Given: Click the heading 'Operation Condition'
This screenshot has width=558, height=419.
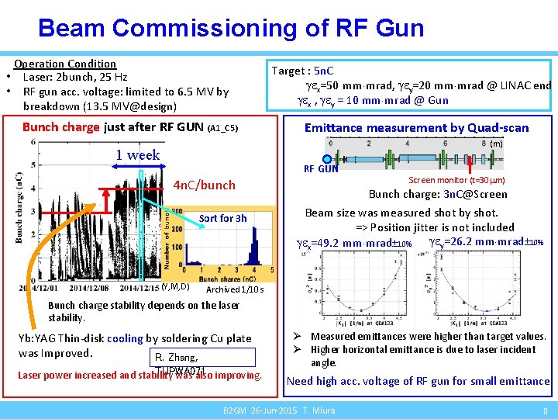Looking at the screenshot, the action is (x=65, y=64).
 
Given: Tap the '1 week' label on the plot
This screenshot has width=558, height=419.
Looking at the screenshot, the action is (x=138, y=154).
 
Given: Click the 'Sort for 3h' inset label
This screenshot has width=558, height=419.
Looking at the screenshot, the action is (x=223, y=218).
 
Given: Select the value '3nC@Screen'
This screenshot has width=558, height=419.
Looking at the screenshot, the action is (x=475, y=194).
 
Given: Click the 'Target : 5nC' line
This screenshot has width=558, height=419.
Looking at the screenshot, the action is (x=304, y=71).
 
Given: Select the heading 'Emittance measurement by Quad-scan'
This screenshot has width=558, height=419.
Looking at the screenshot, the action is (x=416, y=128).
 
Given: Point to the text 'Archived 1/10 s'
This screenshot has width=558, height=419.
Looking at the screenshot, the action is (x=235, y=290).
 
